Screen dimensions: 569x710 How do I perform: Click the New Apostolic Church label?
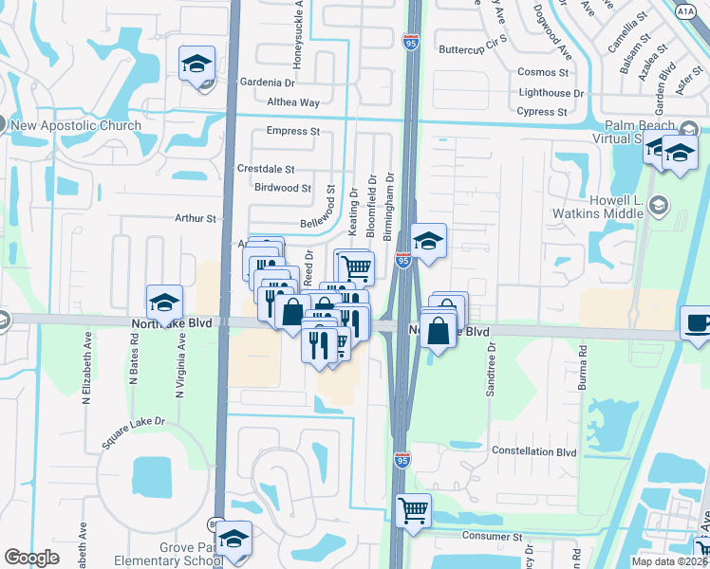pos(77,125)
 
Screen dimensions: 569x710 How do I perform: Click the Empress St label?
pos(293,131)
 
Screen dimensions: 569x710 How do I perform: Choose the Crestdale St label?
pos(266,169)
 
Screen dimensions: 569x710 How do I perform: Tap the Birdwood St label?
pos(283,188)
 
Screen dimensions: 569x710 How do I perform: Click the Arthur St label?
pos(196,218)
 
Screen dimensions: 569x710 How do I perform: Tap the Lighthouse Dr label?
pos(551,93)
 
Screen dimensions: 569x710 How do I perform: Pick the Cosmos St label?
pos(543,72)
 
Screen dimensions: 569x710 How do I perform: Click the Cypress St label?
pos(543,112)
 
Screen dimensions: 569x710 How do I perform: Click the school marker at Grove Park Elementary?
pos(234,539)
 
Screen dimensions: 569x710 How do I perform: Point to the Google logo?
pos(31,558)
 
